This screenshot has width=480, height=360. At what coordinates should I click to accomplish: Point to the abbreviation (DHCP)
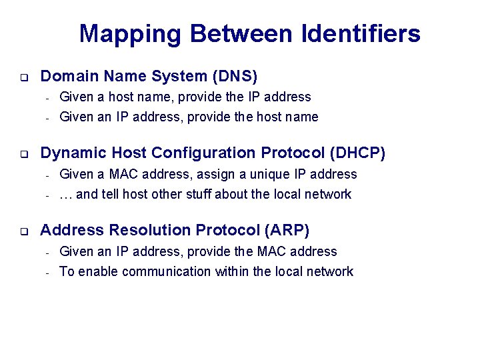coord(357,153)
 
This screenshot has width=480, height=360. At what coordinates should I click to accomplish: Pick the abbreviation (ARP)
coord(287,230)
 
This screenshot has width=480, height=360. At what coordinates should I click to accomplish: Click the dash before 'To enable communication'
coord(47,272)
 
